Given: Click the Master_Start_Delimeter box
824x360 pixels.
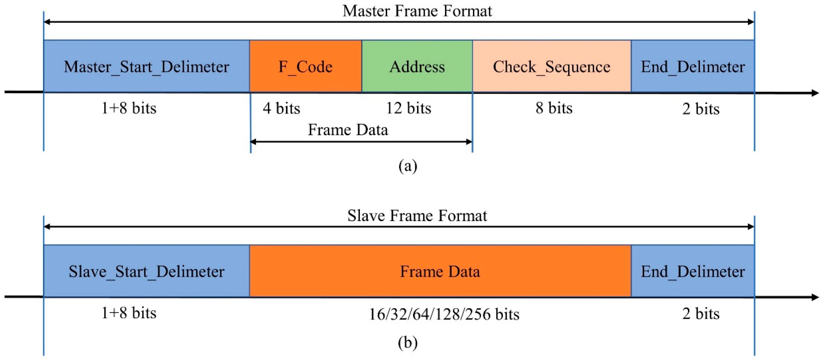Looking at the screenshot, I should pos(147,66).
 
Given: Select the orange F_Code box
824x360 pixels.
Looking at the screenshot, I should pos(305,66).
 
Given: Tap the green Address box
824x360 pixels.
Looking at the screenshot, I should pos(417,66).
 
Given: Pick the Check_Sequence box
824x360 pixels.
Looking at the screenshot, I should pos(551,66).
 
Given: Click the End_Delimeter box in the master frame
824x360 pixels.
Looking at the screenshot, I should pos(693,66).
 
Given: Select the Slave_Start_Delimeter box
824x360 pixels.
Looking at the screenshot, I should pos(147,271).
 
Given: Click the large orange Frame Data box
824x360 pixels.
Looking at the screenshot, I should pos(440,271).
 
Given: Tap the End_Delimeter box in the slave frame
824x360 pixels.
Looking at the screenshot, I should pos(693,271).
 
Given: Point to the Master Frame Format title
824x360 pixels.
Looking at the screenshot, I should pos(417,11).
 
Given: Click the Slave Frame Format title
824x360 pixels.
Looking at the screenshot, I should pos(417,215).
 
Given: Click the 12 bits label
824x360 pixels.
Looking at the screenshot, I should pos(409,108).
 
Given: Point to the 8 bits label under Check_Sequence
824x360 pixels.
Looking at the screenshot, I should pos(554,108).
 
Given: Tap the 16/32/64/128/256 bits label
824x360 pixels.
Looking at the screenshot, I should pos(444,314).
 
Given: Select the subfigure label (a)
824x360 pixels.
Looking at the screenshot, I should pos(408,166).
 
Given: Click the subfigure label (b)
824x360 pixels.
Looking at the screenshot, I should pos(408,342).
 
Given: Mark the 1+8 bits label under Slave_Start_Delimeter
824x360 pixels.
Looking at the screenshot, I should pos(128,313).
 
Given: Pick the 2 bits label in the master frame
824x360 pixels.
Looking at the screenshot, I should pos(701,109).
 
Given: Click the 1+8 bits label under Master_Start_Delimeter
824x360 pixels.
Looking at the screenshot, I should pos(128,108).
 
